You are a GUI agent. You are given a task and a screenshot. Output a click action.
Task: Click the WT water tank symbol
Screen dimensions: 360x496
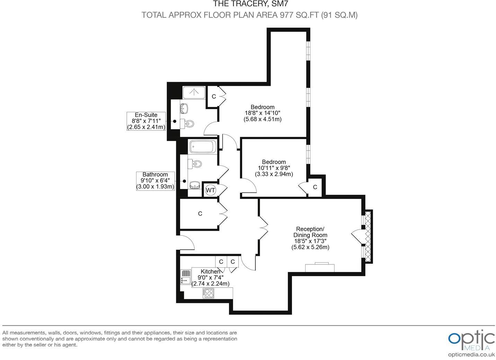(x=210, y=190)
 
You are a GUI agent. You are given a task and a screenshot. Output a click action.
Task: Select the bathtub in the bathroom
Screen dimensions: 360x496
(x=203, y=146)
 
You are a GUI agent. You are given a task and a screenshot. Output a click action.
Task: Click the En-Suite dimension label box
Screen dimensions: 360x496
(x=146, y=121)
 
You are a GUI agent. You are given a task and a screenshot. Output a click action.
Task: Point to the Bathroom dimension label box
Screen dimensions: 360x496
(x=155, y=181)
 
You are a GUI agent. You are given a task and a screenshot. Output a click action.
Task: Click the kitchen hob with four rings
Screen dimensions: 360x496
(x=208, y=293)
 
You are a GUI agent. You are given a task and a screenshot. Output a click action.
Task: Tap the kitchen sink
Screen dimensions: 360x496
(x=186, y=277)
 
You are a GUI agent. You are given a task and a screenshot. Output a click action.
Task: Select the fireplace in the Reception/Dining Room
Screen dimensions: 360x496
(x=319, y=267)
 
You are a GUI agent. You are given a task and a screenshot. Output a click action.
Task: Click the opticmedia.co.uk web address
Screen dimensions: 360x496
(x=471, y=354)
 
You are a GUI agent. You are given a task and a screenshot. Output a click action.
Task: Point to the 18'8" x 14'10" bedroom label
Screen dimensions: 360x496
(x=263, y=113)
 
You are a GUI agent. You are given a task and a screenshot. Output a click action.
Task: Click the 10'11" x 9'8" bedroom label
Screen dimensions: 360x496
(x=274, y=168)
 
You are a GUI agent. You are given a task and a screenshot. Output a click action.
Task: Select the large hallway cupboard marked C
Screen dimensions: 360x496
(x=200, y=214)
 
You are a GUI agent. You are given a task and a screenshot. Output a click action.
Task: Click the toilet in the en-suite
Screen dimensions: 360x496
(x=189, y=123)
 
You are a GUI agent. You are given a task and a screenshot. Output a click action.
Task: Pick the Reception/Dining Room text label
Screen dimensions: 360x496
(x=310, y=232)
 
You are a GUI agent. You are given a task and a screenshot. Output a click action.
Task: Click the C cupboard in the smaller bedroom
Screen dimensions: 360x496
(x=315, y=187)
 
